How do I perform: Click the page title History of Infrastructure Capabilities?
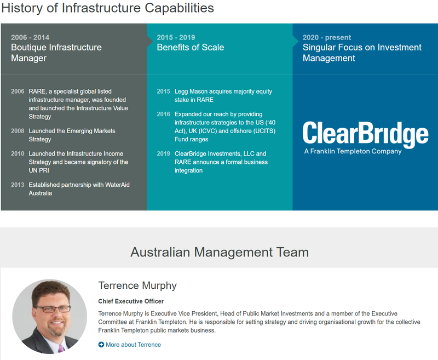(107, 8)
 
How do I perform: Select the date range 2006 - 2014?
(30, 37)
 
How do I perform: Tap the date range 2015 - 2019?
(176, 37)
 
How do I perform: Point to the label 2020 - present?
(327, 37)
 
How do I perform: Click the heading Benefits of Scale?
(191, 47)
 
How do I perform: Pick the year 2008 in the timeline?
(18, 131)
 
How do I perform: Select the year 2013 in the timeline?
(18, 185)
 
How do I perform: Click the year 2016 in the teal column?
(163, 114)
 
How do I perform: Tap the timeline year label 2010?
(18, 153)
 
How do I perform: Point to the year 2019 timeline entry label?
(163, 153)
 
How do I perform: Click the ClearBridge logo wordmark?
(365, 134)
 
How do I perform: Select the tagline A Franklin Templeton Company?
(353, 151)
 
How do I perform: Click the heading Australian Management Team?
(220, 252)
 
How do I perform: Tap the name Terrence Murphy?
(137, 285)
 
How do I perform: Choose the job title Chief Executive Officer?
(131, 301)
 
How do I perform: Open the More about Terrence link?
(133, 345)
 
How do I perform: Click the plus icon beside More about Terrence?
(101, 345)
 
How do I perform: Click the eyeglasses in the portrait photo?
(53, 308)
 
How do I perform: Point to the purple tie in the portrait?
(61, 348)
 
